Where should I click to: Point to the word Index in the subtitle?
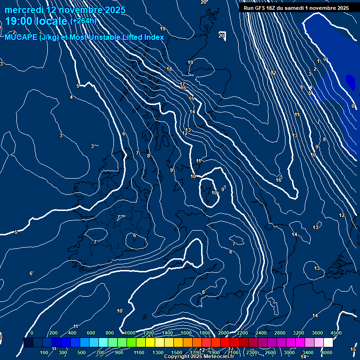[154, 37]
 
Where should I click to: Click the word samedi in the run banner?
[295, 8]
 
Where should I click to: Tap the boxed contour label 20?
[222, 36]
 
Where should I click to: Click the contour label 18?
[169, 69]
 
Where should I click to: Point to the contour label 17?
[182, 84]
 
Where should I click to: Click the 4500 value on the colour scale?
[336, 333]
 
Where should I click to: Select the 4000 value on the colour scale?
[327, 352]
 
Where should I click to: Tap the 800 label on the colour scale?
[110, 333]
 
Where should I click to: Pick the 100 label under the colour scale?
[44, 352]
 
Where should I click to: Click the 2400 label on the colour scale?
[261, 333]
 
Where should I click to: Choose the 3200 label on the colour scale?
[298, 333]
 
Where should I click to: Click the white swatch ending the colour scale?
[328, 343]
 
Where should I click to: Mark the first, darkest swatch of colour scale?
[28, 343]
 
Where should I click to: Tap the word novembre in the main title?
[81, 10]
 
